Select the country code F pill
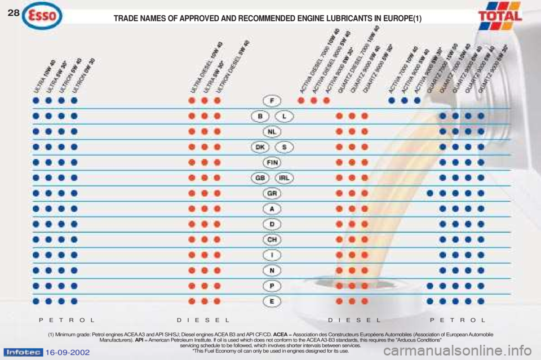[x=272, y=101]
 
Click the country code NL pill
[x=272, y=131]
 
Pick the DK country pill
[x=260, y=146]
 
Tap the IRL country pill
[x=285, y=177]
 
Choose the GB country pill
[x=260, y=177]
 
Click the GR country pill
[x=272, y=193]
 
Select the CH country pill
[x=272, y=239]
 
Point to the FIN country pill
[x=272, y=162]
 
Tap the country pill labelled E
[x=272, y=301]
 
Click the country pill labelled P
[x=272, y=286]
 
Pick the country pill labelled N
[x=272, y=270]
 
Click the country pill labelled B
[x=260, y=116]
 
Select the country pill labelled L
[x=285, y=116]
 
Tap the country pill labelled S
[x=285, y=146]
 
